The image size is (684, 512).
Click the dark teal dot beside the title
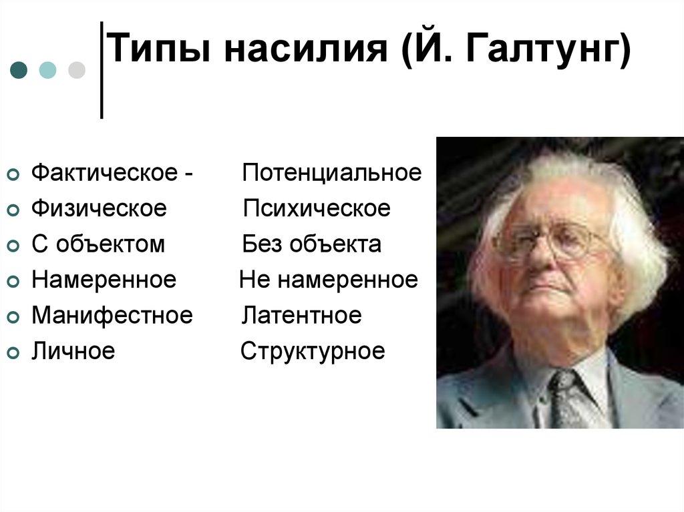(19, 69)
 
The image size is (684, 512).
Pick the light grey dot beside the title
(77, 69)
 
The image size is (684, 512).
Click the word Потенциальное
(332, 173)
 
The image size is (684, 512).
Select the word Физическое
(99, 208)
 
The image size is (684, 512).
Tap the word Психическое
(317, 208)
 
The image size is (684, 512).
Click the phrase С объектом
(98, 244)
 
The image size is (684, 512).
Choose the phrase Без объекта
(312, 244)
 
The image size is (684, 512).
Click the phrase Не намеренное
(329, 280)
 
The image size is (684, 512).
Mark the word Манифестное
(112, 315)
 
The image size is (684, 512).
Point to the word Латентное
(301, 315)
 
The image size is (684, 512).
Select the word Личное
(73, 351)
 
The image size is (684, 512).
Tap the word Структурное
(313, 351)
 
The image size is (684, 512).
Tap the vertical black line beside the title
(102, 70)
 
